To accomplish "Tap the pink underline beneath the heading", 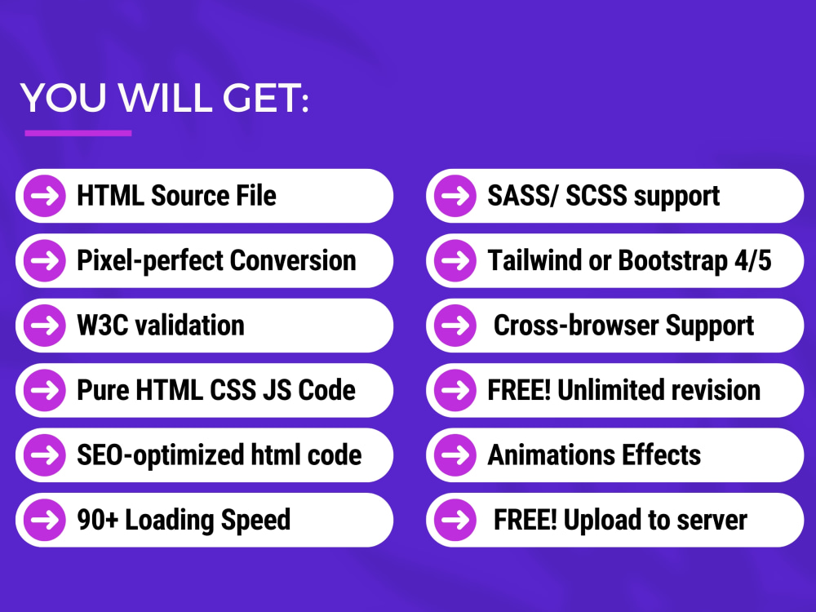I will (78, 133).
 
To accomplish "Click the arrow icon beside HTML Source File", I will (44, 196).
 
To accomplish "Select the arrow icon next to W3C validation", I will (44, 326).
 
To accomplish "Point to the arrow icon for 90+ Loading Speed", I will (44, 520).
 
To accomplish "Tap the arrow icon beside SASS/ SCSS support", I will (455, 196).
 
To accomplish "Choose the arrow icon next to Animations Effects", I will (455, 455).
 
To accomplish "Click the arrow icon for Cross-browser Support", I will (455, 326).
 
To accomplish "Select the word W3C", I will (101, 326).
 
